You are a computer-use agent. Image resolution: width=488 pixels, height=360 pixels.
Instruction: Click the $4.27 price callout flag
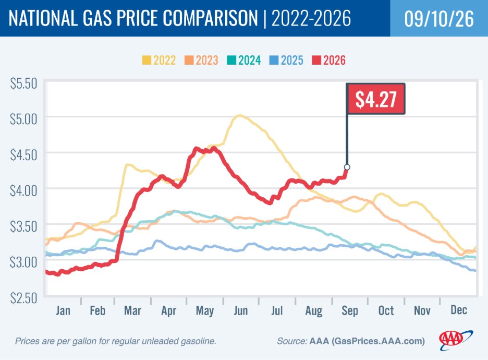tap(376, 99)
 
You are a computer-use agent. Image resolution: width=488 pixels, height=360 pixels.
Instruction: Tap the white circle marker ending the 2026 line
tap(347, 167)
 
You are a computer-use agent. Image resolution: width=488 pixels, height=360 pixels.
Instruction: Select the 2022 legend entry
tap(159, 60)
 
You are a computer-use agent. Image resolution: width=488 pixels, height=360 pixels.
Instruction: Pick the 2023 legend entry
tap(201, 60)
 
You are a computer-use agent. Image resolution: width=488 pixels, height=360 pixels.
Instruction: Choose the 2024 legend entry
tap(244, 60)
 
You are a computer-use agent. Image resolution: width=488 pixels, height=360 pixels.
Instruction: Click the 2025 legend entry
tap(286, 60)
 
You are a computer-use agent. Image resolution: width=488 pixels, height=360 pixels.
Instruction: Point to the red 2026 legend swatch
tap(316, 60)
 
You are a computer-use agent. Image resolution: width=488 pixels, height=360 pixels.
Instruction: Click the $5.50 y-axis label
tap(23, 83)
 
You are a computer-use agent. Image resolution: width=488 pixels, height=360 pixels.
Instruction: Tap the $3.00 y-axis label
tap(23, 262)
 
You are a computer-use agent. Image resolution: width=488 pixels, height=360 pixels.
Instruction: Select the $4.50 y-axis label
tap(23, 155)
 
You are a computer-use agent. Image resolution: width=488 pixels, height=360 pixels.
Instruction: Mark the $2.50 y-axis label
tap(23, 298)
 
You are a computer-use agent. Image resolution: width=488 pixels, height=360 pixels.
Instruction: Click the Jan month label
tap(63, 310)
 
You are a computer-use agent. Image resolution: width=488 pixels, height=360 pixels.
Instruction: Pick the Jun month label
tap(241, 310)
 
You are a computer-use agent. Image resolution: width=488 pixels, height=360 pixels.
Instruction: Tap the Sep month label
tap(350, 311)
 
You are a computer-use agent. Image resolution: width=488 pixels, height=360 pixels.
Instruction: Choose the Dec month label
tap(459, 310)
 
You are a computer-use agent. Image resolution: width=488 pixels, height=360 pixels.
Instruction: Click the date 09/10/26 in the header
tap(439, 19)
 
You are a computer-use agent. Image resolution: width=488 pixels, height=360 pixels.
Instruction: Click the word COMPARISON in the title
tap(211, 18)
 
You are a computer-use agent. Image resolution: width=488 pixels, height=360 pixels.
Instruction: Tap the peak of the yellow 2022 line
tap(239, 116)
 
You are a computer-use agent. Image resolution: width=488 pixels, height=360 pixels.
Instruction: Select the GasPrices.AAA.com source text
tap(378, 341)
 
